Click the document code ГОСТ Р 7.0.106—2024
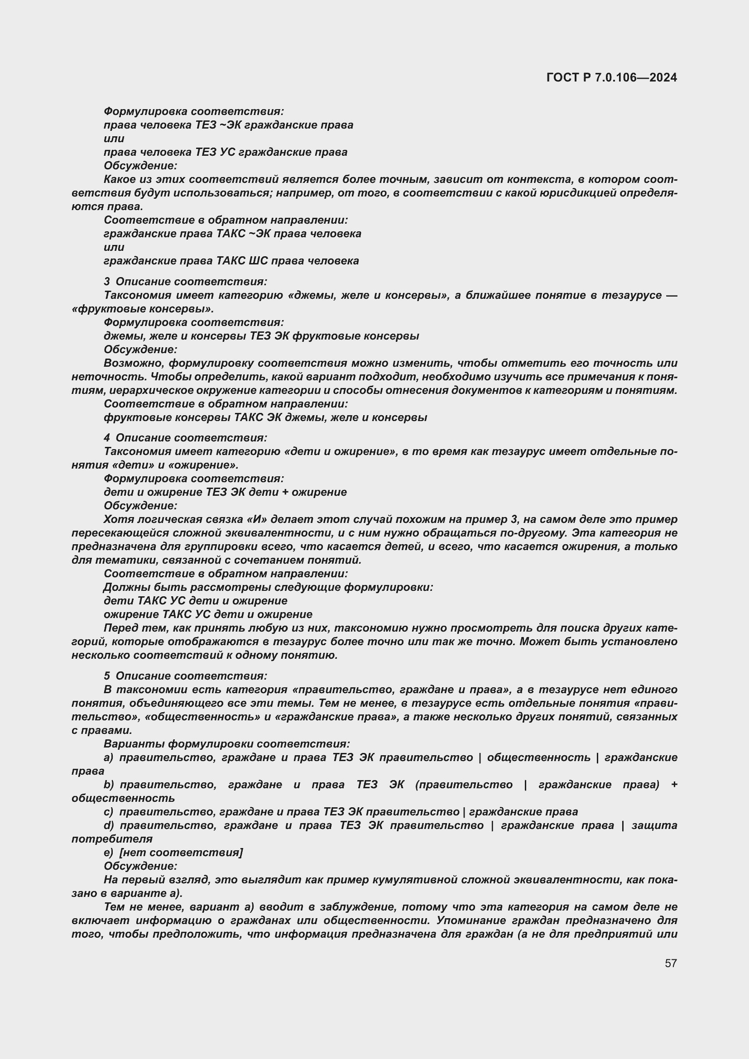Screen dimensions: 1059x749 pyautogui.click(x=611, y=77)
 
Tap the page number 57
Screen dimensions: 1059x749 pyautogui.click(x=671, y=963)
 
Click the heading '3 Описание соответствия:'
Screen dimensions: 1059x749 pyautogui.click(x=185, y=281)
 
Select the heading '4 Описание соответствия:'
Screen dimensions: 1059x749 pyautogui.click(x=185, y=437)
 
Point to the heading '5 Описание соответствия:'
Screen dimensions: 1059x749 pyautogui.click(x=185, y=676)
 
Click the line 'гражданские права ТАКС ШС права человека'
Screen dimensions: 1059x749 pyautogui.click(x=231, y=261)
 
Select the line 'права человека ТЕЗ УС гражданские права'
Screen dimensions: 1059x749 pyautogui.click(x=226, y=152)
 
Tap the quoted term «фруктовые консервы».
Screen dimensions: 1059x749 pyautogui.click(x=143, y=309)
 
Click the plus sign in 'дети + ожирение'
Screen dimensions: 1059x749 pyautogui.click(x=285, y=492)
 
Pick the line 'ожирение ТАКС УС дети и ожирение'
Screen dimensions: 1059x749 pyautogui.click(x=208, y=614)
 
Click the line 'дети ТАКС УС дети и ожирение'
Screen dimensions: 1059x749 pyautogui.click(x=196, y=600)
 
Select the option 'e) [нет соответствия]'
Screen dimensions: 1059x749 pyautogui.click(x=173, y=852)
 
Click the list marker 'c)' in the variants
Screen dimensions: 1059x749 pyautogui.click(x=108, y=811)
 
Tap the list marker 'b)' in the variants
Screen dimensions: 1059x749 pyautogui.click(x=109, y=785)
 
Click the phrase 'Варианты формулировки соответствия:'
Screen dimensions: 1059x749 pyautogui.click(x=226, y=743)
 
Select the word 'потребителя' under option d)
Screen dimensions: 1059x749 pyautogui.click(x=112, y=839)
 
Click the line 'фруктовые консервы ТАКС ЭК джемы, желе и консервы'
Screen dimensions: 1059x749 pyautogui.click(x=265, y=417)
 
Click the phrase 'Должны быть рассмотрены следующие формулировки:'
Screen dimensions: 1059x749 pyautogui.click(x=269, y=587)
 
